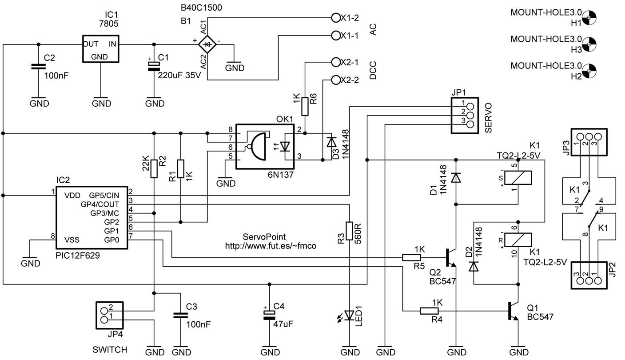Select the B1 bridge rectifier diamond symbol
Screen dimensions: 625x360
207,44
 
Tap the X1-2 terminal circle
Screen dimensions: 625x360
336,18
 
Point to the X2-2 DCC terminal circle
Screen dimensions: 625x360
336,80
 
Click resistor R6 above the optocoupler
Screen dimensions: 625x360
305,107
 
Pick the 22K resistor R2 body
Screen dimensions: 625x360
154,169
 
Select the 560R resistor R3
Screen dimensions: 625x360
349,231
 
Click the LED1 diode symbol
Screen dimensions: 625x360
349,316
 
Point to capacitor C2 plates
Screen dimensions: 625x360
38,66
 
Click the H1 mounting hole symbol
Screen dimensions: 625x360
589,18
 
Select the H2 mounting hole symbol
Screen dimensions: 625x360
589,71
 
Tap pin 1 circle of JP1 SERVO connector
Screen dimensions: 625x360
470,106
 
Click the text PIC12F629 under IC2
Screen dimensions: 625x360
78,256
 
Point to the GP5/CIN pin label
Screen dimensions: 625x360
104,196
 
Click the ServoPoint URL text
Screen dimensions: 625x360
271,246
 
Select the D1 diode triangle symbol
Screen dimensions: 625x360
456,177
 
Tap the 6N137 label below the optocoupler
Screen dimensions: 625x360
281,175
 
